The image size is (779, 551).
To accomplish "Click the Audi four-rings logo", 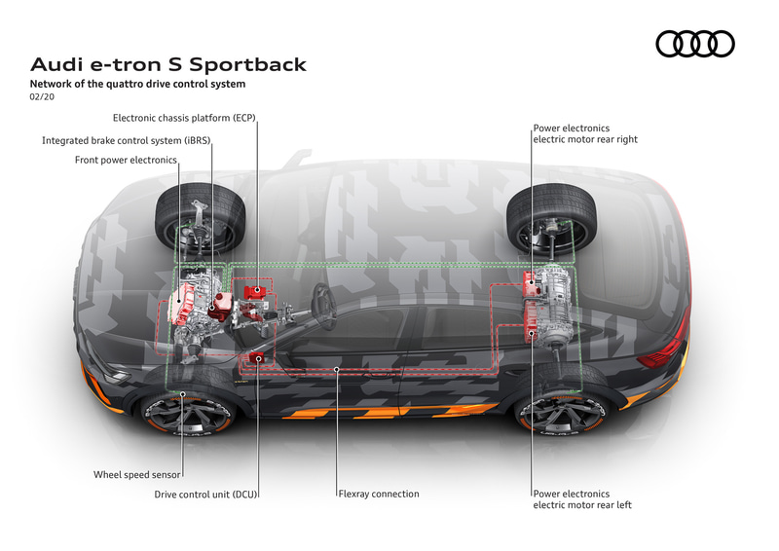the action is (x=695, y=44).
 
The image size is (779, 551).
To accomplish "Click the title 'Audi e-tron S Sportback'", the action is (x=168, y=64).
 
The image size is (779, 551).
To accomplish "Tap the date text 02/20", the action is (x=42, y=97).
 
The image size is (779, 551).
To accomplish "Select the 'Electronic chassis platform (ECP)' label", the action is (x=184, y=118).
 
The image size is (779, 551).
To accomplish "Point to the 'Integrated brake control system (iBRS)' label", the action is (x=127, y=140).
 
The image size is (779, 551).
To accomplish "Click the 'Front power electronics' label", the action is (x=126, y=160).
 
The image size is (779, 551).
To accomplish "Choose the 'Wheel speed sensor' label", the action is (x=136, y=474).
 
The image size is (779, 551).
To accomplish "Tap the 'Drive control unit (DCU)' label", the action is (x=205, y=495).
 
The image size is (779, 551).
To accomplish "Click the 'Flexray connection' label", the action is (x=379, y=494).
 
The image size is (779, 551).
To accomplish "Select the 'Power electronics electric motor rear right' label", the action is (x=585, y=133).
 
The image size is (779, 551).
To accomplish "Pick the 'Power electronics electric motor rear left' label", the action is (x=582, y=499).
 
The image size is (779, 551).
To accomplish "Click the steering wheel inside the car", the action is (x=323, y=306).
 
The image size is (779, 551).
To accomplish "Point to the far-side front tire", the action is (x=201, y=219).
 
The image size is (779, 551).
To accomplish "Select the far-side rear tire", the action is (x=551, y=220).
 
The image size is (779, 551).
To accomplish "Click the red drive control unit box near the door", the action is (x=257, y=357).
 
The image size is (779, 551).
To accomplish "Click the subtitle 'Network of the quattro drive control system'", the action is (x=137, y=84).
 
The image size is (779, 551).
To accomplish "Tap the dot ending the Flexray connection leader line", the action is (x=336, y=369).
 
